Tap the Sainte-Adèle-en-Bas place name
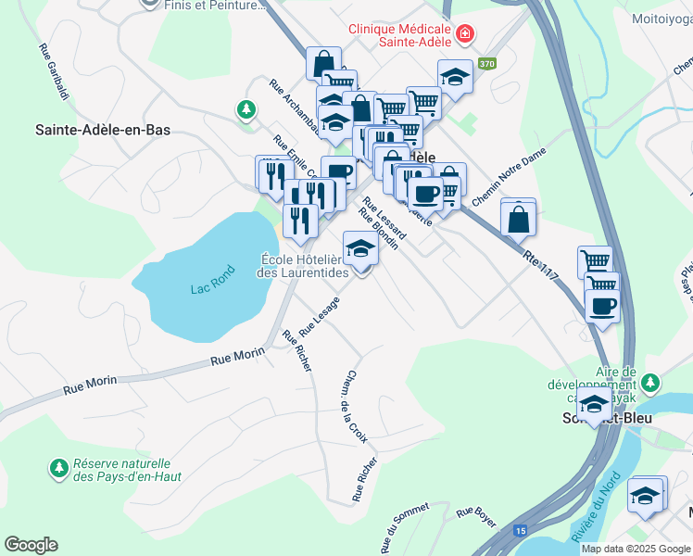point(103,131)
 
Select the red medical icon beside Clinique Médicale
point(464,35)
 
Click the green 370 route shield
point(486,64)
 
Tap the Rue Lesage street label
point(320,317)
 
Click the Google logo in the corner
point(31,545)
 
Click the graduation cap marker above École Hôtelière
point(360,248)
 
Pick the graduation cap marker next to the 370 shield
point(454,79)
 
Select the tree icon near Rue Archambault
point(246,109)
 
